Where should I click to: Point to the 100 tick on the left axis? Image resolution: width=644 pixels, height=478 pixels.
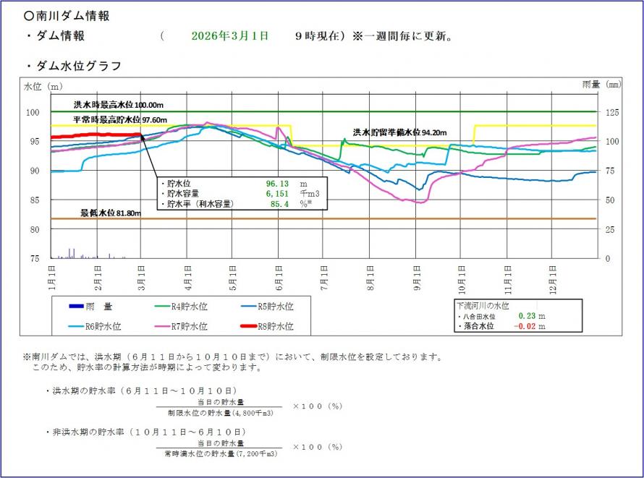pos(33,112)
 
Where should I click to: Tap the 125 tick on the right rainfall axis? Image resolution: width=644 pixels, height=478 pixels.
pos(611,112)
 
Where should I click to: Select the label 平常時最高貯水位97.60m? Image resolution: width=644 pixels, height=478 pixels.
pos(120,119)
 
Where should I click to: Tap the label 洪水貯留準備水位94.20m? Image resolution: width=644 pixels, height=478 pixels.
pos(399,132)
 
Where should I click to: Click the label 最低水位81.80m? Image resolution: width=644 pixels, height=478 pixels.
pos(110,213)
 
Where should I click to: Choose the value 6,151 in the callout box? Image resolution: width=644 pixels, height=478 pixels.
pos(277,194)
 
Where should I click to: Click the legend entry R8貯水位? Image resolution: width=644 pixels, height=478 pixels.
pos(275,326)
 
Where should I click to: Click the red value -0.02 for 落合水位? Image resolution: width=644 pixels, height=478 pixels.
pos(528,327)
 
